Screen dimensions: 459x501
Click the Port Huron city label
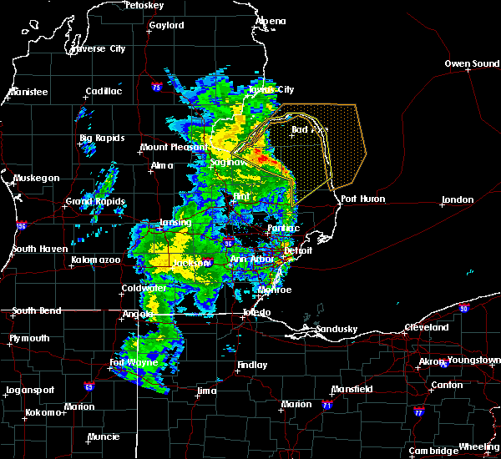tap(360, 199)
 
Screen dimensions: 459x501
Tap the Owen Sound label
tap(473, 63)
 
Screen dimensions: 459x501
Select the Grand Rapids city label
tap(95, 202)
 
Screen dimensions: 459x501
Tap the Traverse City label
tap(99, 49)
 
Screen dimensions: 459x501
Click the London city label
tap(458, 200)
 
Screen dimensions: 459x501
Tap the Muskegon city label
tap(37, 179)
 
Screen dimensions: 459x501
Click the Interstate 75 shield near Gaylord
tap(157, 86)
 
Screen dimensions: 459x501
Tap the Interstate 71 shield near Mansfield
tap(326, 405)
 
